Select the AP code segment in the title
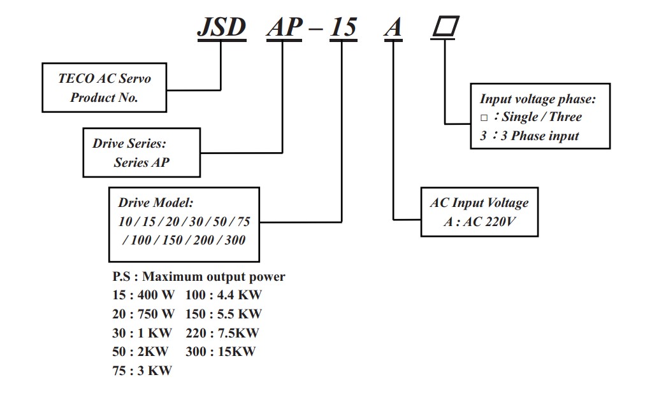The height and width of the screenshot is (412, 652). [x=284, y=27]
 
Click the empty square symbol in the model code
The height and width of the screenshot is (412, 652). [x=446, y=27]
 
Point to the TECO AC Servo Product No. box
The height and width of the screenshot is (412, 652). [x=105, y=88]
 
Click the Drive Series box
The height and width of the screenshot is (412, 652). [x=141, y=153]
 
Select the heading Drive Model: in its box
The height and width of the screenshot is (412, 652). [x=156, y=203]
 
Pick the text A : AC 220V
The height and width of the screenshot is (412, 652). [x=479, y=222]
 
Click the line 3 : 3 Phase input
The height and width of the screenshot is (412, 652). [x=530, y=136]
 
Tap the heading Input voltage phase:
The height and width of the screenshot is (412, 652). [x=537, y=99]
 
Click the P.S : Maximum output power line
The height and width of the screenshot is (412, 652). [x=198, y=276]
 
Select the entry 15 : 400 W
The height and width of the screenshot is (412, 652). [x=143, y=295]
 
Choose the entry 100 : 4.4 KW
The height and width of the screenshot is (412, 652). [x=224, y=295]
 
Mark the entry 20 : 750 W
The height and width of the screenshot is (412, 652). [x=143, y=313]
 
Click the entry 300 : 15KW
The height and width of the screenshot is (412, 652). [x=221, y=351]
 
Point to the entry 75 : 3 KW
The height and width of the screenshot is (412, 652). [x=142, y=370]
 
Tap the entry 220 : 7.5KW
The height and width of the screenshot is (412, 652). [x=222, y=332]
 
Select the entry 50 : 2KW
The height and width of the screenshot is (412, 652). [x=140, y=351]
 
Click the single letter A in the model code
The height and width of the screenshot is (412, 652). [x=394, y=27]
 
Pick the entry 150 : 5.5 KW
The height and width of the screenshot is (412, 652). [x=224, y=313]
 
